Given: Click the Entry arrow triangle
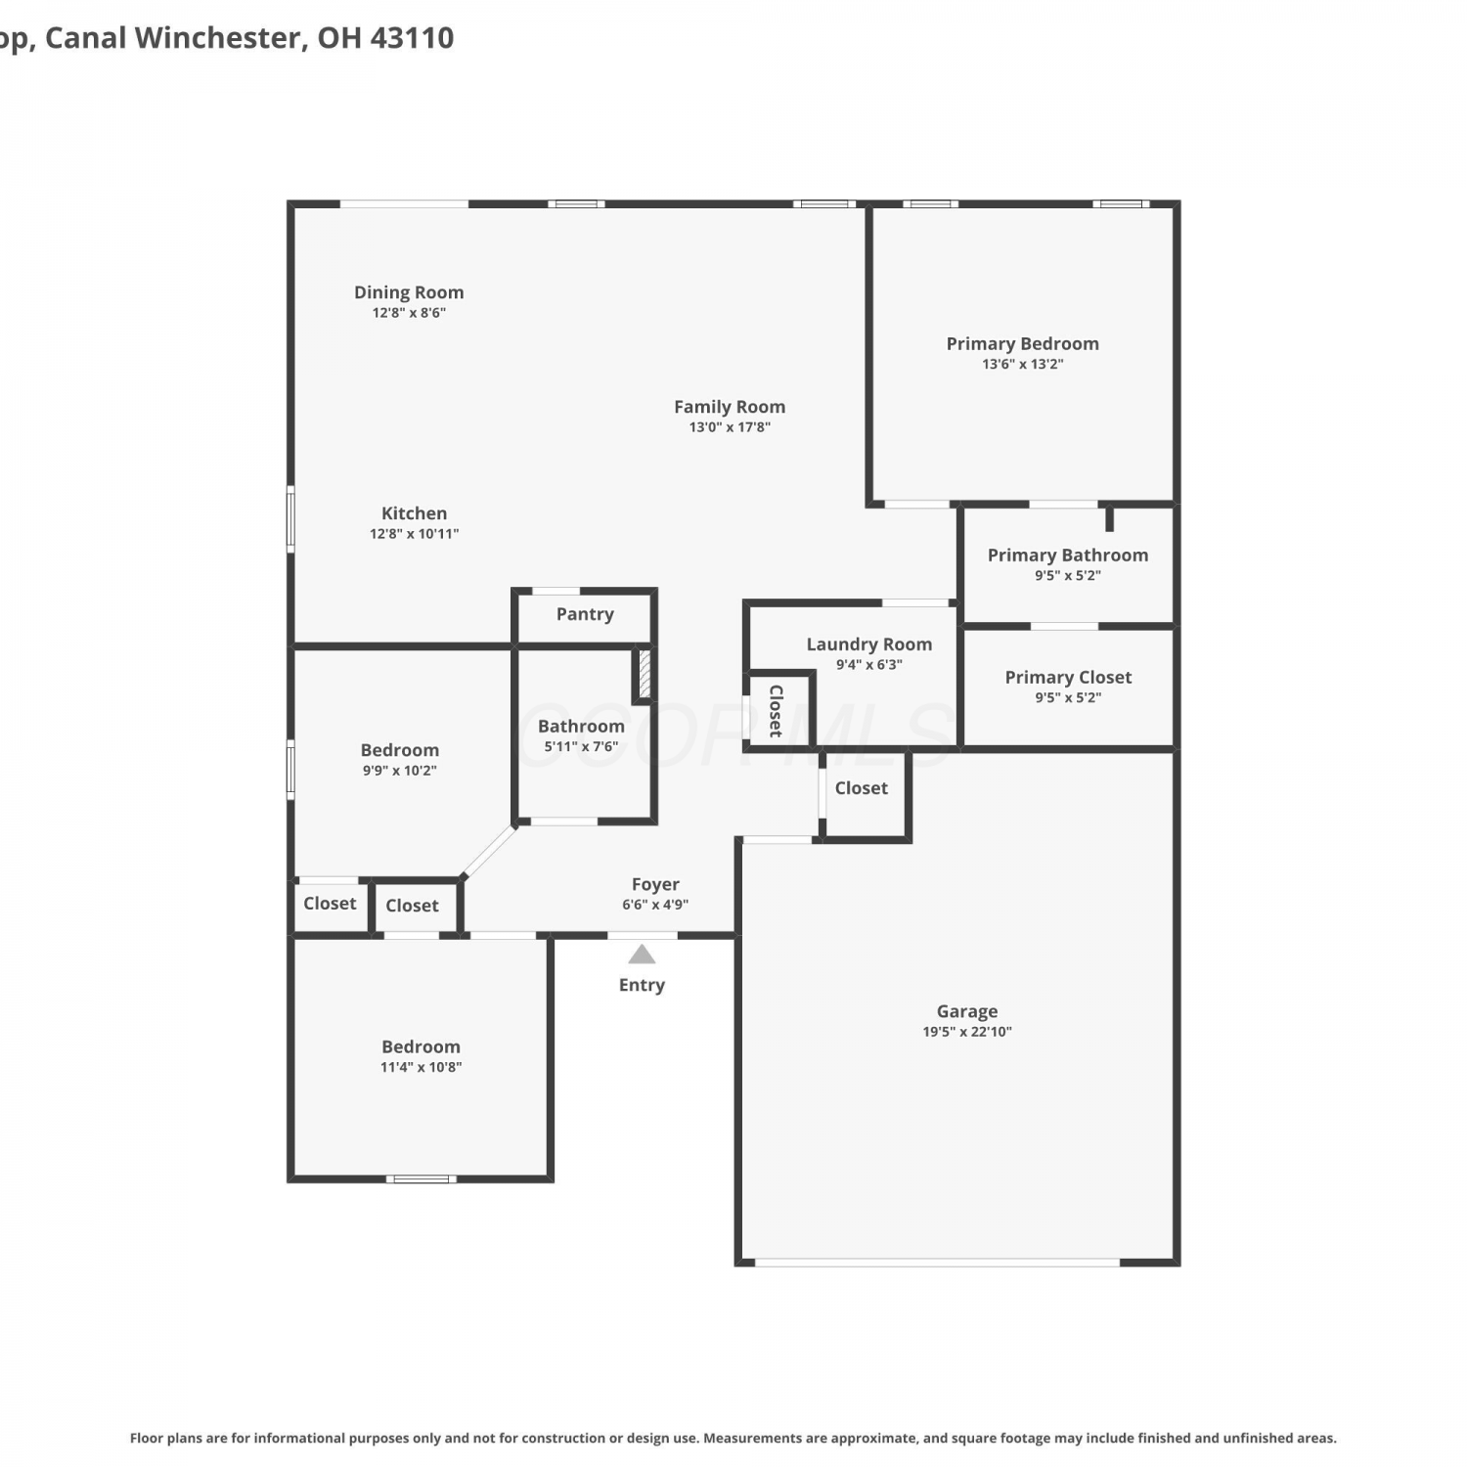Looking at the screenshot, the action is (642, 954).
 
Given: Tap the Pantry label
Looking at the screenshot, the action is (585, 614).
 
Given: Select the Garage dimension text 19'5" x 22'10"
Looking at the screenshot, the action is (967, 1032).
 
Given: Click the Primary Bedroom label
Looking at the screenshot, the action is (1022, 343).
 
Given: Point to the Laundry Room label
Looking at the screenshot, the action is (868, 645).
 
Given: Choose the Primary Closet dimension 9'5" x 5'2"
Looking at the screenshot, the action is (1068, 697).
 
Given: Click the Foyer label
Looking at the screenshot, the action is (655, 884).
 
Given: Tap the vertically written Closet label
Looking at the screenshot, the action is (776, 711).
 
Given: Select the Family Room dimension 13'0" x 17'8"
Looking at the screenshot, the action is (730, 427).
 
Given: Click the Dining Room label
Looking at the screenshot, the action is (409, 292).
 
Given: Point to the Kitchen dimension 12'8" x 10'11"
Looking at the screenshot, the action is (414, 534).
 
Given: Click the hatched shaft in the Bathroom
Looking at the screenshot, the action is (645, 673).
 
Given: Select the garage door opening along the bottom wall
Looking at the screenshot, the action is (937, 1263).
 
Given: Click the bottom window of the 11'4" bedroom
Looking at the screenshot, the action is (421, 1179).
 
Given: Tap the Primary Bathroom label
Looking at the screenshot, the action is (1068, 556).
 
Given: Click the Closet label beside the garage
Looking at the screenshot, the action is (862, 788).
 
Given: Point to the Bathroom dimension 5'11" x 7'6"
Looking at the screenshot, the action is (581, 746).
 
